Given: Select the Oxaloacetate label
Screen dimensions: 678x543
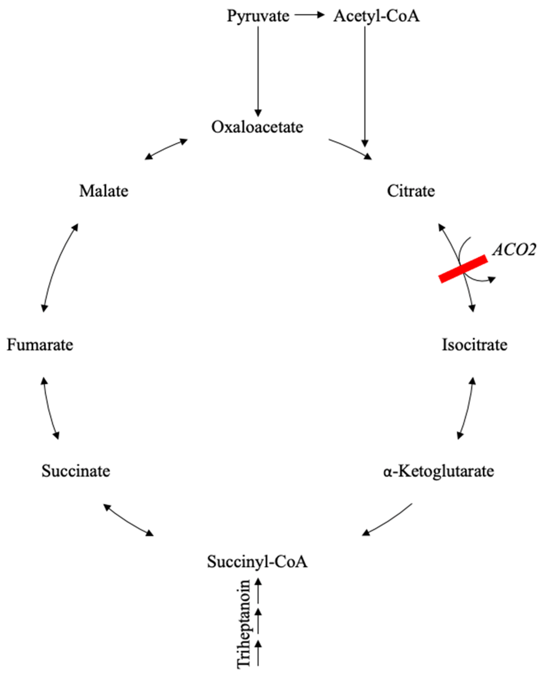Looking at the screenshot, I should coord(257,127).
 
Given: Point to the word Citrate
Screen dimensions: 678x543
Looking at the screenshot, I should coord(410,191).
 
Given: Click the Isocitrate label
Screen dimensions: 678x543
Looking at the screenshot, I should coord(474,345).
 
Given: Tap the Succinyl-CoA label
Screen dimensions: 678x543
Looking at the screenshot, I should coord(257,562).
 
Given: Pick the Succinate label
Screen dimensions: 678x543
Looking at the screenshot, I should coord(76,471).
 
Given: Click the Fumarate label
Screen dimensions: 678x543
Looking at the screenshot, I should coord(40,345).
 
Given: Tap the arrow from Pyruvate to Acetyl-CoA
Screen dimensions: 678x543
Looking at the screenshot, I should coord(309,15).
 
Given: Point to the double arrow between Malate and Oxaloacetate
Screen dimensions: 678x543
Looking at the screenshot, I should coord(166,149).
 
